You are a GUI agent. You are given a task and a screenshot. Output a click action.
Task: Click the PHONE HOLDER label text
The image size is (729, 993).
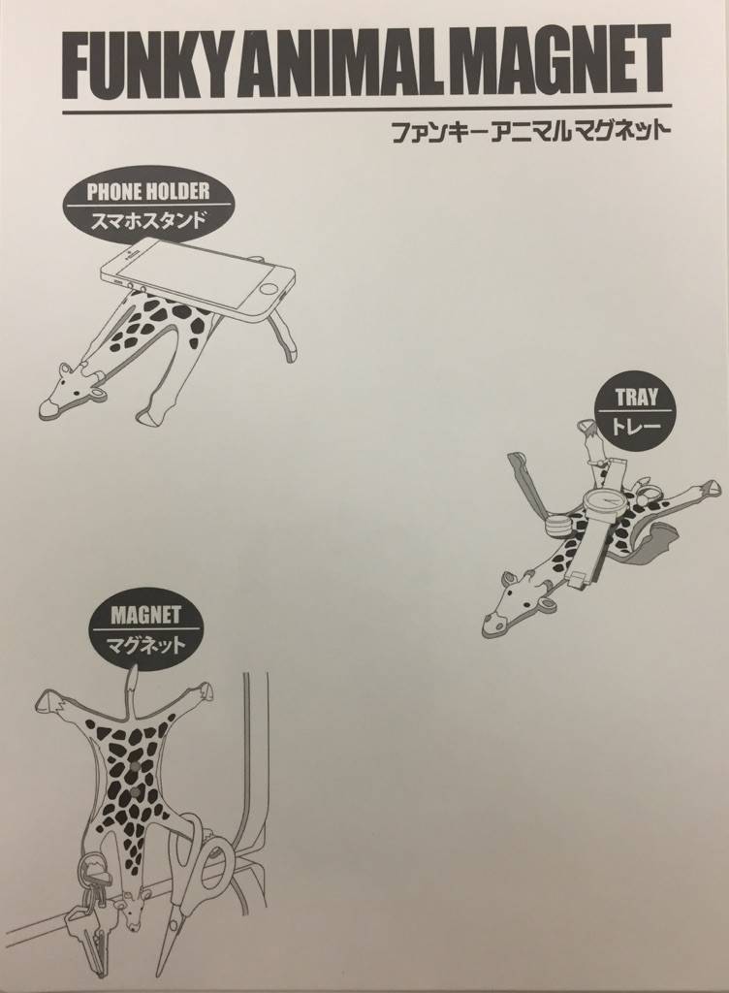[148, 192]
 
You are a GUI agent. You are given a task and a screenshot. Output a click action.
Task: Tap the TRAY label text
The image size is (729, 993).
[637, 398]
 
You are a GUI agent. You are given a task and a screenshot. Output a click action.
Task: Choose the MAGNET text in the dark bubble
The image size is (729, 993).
[145, 615]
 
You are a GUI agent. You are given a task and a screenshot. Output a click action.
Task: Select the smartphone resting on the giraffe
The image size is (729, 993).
[200, 275]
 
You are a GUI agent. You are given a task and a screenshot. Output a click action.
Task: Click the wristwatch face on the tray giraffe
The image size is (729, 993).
[606, 499]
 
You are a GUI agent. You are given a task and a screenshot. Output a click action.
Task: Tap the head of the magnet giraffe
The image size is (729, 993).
[134, 911]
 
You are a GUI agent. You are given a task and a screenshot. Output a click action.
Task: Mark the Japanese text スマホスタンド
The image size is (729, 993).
[148, 220]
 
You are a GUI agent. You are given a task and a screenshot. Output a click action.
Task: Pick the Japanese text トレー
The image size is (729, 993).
[636, 425]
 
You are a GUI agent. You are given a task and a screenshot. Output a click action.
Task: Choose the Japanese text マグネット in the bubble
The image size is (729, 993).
[145, 645]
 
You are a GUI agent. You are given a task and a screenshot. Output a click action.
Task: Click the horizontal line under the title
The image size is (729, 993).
[366, 111]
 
